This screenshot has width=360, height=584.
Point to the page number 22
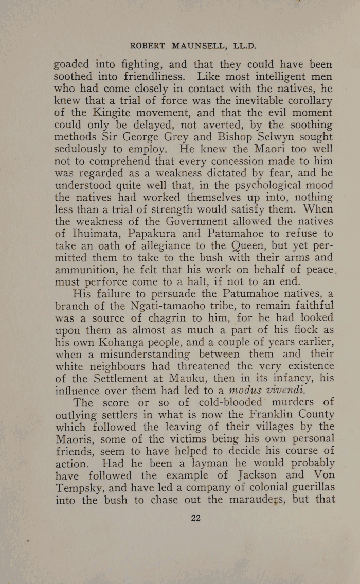[x=195, y=518]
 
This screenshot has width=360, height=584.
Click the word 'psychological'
[x=262, y=185]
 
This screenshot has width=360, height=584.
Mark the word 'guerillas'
[x=309, y=486]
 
